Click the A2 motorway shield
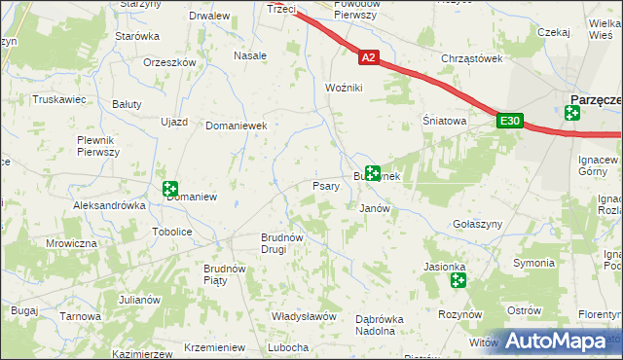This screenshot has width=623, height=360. (x=367, y=58)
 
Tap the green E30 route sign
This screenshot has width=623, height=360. (x=509, y=121)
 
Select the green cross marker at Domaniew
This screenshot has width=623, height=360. (x=171, y=190)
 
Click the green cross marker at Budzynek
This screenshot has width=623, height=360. (x=371, y=174)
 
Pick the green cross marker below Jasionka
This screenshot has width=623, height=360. (x=458, y=281)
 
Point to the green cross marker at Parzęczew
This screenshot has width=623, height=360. (x=572, y=113)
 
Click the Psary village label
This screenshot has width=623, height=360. (x=325, y=186)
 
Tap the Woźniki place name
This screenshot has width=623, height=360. (x=344, y=89)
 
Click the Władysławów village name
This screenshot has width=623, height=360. (x=304, y=317)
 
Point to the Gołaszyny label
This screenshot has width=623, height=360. (x=477, y=224)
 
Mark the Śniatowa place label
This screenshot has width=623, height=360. (x=444, y=122)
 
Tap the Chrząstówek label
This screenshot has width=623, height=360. (x=471, y=58)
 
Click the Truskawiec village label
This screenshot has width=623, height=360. (x=60, y=99)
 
